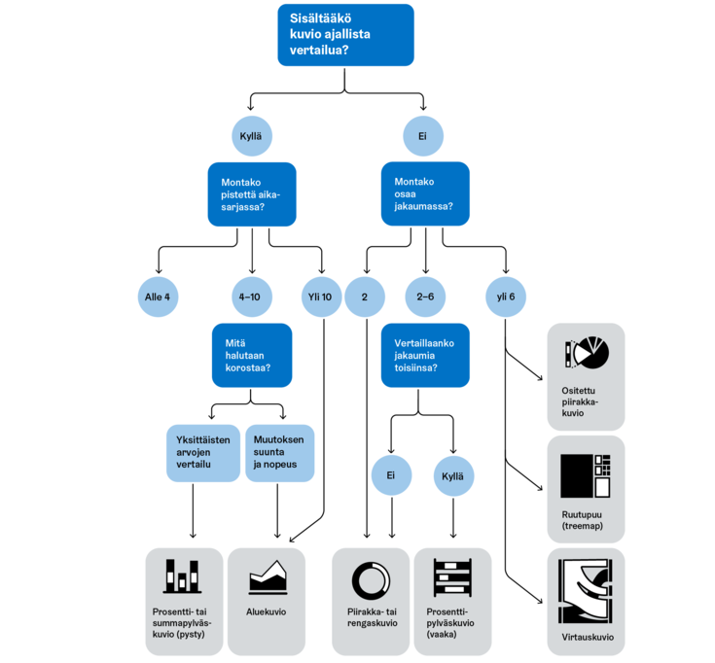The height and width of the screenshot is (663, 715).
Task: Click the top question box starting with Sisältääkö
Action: point(345,35)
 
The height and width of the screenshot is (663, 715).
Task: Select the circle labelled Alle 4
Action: point(159,296)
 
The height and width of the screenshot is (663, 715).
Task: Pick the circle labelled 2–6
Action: point(425,296)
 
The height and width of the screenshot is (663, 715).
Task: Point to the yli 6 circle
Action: point(506,296)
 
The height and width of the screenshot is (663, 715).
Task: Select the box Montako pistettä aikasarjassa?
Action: point(252,195)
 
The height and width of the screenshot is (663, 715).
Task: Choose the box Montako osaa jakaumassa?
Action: point(425,195)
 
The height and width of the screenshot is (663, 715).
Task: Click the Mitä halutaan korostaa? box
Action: point(252,356)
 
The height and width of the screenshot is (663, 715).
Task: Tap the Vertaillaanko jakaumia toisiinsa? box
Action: point(425,356)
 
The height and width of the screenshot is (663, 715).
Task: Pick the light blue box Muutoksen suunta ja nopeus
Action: point(280,452)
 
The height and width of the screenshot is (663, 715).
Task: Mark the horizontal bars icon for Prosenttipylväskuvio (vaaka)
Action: point(452,578)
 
